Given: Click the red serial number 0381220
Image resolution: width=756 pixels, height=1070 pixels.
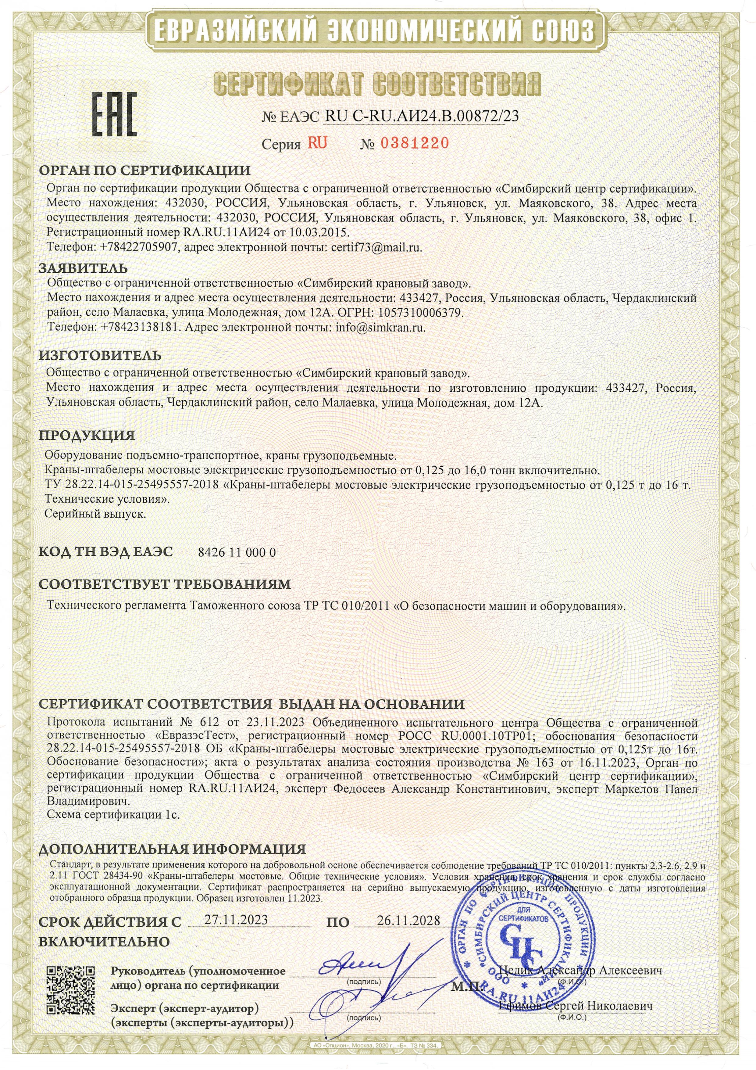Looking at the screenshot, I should tap(415, 143).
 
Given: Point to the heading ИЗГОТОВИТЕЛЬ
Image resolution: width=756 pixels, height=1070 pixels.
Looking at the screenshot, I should tap(100, 356).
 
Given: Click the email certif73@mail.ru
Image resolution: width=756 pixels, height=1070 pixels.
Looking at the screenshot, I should tap(376, 247).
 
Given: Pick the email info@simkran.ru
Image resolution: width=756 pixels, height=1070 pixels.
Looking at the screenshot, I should tap(380, 327).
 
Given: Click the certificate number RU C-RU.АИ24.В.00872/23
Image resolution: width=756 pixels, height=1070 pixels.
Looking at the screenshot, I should tap(422, 116).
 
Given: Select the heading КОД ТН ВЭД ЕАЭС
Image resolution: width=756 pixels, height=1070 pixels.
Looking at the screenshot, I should tap(106, 552).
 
